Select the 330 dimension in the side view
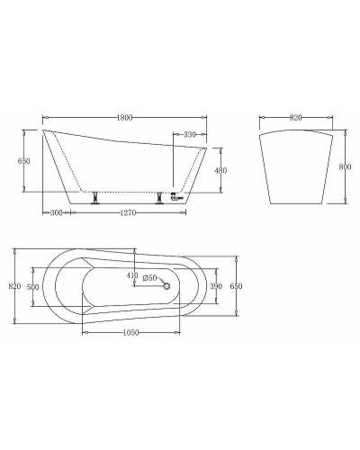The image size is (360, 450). [189, 134]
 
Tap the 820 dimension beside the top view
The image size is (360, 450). [13, 286]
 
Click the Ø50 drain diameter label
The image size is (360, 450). [149, 277]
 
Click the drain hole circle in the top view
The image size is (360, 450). [165, 285]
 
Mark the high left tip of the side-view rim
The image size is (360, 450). [45, 130]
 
